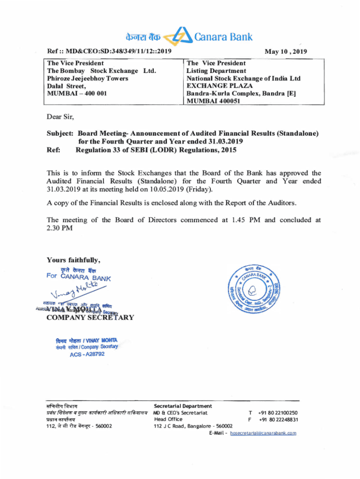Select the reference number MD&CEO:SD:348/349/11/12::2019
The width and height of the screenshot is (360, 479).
tap(118, 51)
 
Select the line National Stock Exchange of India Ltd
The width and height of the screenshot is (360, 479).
tap(243, 78)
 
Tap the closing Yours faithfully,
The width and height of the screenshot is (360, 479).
tap(73, 260)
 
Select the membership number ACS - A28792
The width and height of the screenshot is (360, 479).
tap(87, 354)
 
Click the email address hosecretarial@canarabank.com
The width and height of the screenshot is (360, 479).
tap(263, 433)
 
